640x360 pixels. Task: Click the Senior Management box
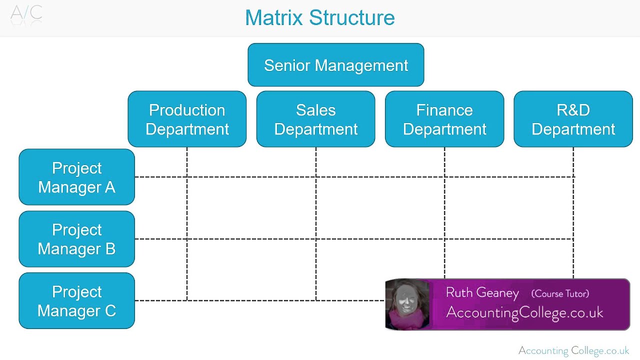(x=335, y=65)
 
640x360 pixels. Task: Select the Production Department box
(x=187, y=119)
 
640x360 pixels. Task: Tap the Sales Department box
(x=315, y=119)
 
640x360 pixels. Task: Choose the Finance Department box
(x=444, y=119)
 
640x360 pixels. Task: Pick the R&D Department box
(x=573, y=119)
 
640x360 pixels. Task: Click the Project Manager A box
(x=76, y=177)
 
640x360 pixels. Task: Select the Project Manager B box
(x=76, y=239)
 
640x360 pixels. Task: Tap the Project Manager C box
(x=76, y=300)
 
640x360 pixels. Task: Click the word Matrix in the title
(x=274, y=18)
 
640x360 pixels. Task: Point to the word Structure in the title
(x=351, y=18)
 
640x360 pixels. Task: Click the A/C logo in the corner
(x=26, y=13)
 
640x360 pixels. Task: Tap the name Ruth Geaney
(x=482, y=292)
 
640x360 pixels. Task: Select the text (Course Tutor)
(x=560, y=293)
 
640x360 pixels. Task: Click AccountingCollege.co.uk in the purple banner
(x=524, y=312)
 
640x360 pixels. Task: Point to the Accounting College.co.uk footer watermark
(x=573, y=350)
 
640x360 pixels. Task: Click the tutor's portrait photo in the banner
(x=407, y=304)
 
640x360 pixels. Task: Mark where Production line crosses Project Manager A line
(x=187, y=177)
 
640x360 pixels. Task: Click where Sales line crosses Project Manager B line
(x=316, y=239)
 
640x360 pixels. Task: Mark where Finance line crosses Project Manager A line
(x=444, y=177)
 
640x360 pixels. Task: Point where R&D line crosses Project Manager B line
(x=573, y=239)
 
